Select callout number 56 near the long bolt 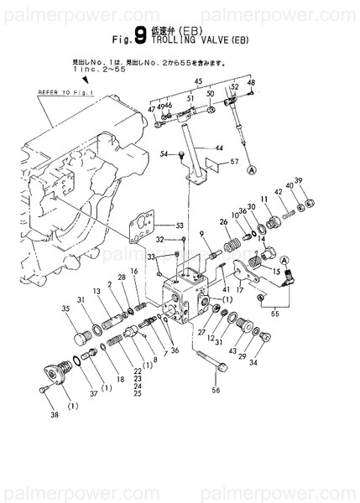[216, 390]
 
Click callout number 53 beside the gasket [178, 226]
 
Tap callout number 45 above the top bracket [199, 80]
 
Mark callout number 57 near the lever [234, 161]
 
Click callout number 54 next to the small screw [164, 154]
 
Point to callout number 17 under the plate [240, 292]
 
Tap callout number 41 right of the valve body [227, 288]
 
